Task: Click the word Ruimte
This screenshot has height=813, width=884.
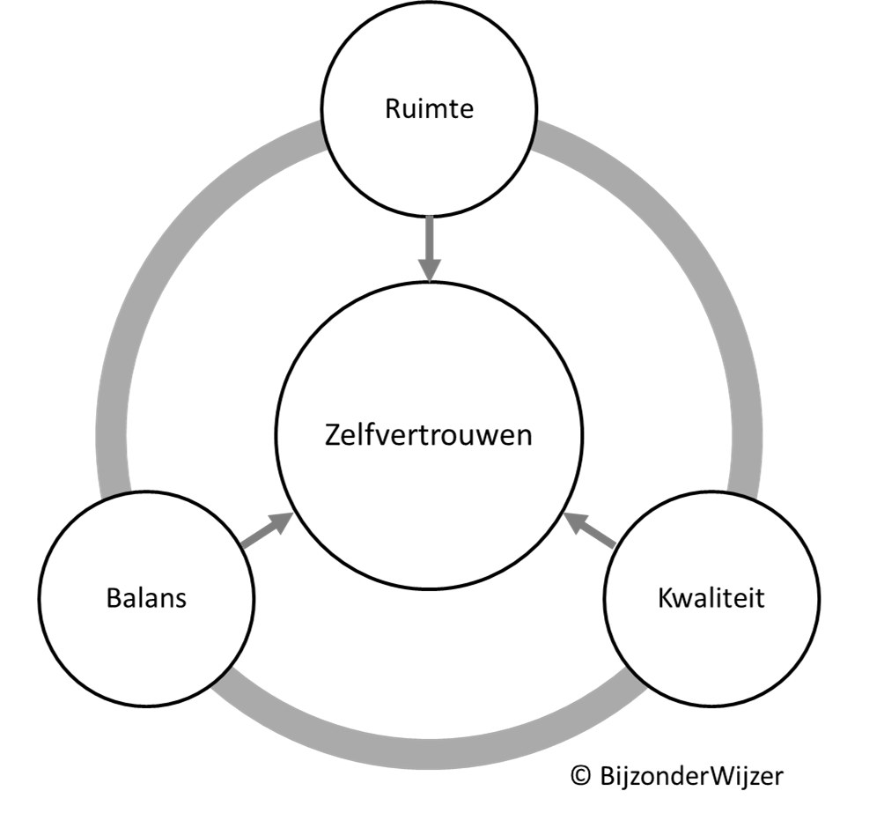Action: (429, 108)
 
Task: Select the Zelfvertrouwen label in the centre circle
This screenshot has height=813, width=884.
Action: (428, 435)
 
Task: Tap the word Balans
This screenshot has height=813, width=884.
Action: (146, 597)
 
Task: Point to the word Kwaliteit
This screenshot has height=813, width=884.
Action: (711, 597)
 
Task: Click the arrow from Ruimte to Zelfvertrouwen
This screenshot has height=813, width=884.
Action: (429, 248)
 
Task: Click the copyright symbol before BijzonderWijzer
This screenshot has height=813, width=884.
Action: (580, 776)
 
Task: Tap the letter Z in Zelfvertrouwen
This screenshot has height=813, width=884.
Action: (333, 435)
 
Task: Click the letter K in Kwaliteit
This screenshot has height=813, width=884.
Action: (666, 597)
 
